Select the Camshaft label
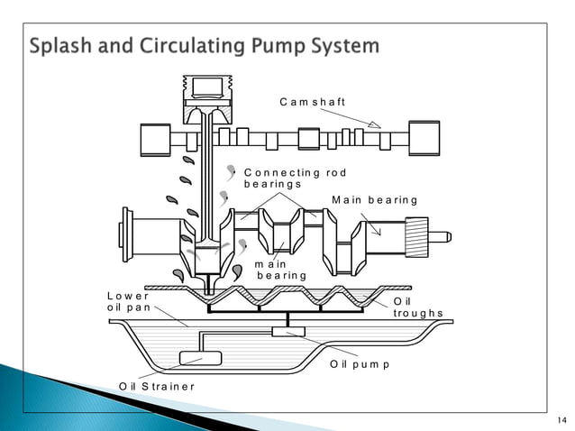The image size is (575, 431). coord(312,101)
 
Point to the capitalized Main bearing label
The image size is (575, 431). coord(374,199)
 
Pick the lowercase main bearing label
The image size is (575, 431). coord(280,269)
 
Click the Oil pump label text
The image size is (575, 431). coord(360,364)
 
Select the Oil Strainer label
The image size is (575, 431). coord(157,387)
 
